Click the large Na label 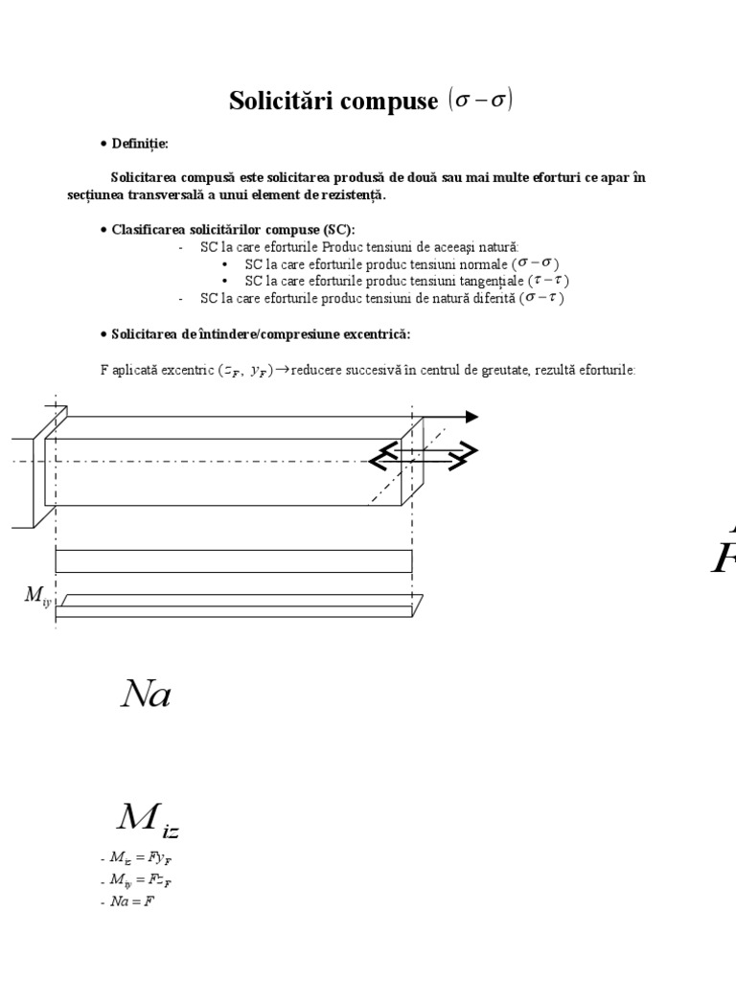146,695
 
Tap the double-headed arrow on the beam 423,456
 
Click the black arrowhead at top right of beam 471,416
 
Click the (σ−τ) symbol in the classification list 542,298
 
